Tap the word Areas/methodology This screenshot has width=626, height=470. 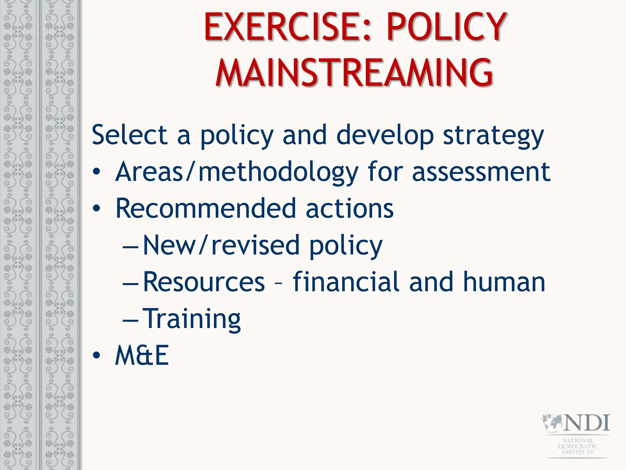pos(237,172)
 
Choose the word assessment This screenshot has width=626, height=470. pos(481,172)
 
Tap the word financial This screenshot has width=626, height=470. pos(346,282)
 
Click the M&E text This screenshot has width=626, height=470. pos(142,356)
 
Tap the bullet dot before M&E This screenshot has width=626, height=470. pos(97,356)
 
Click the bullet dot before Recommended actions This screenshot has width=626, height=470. pos(97,209)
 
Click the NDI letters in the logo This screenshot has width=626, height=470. pos(587,423)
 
